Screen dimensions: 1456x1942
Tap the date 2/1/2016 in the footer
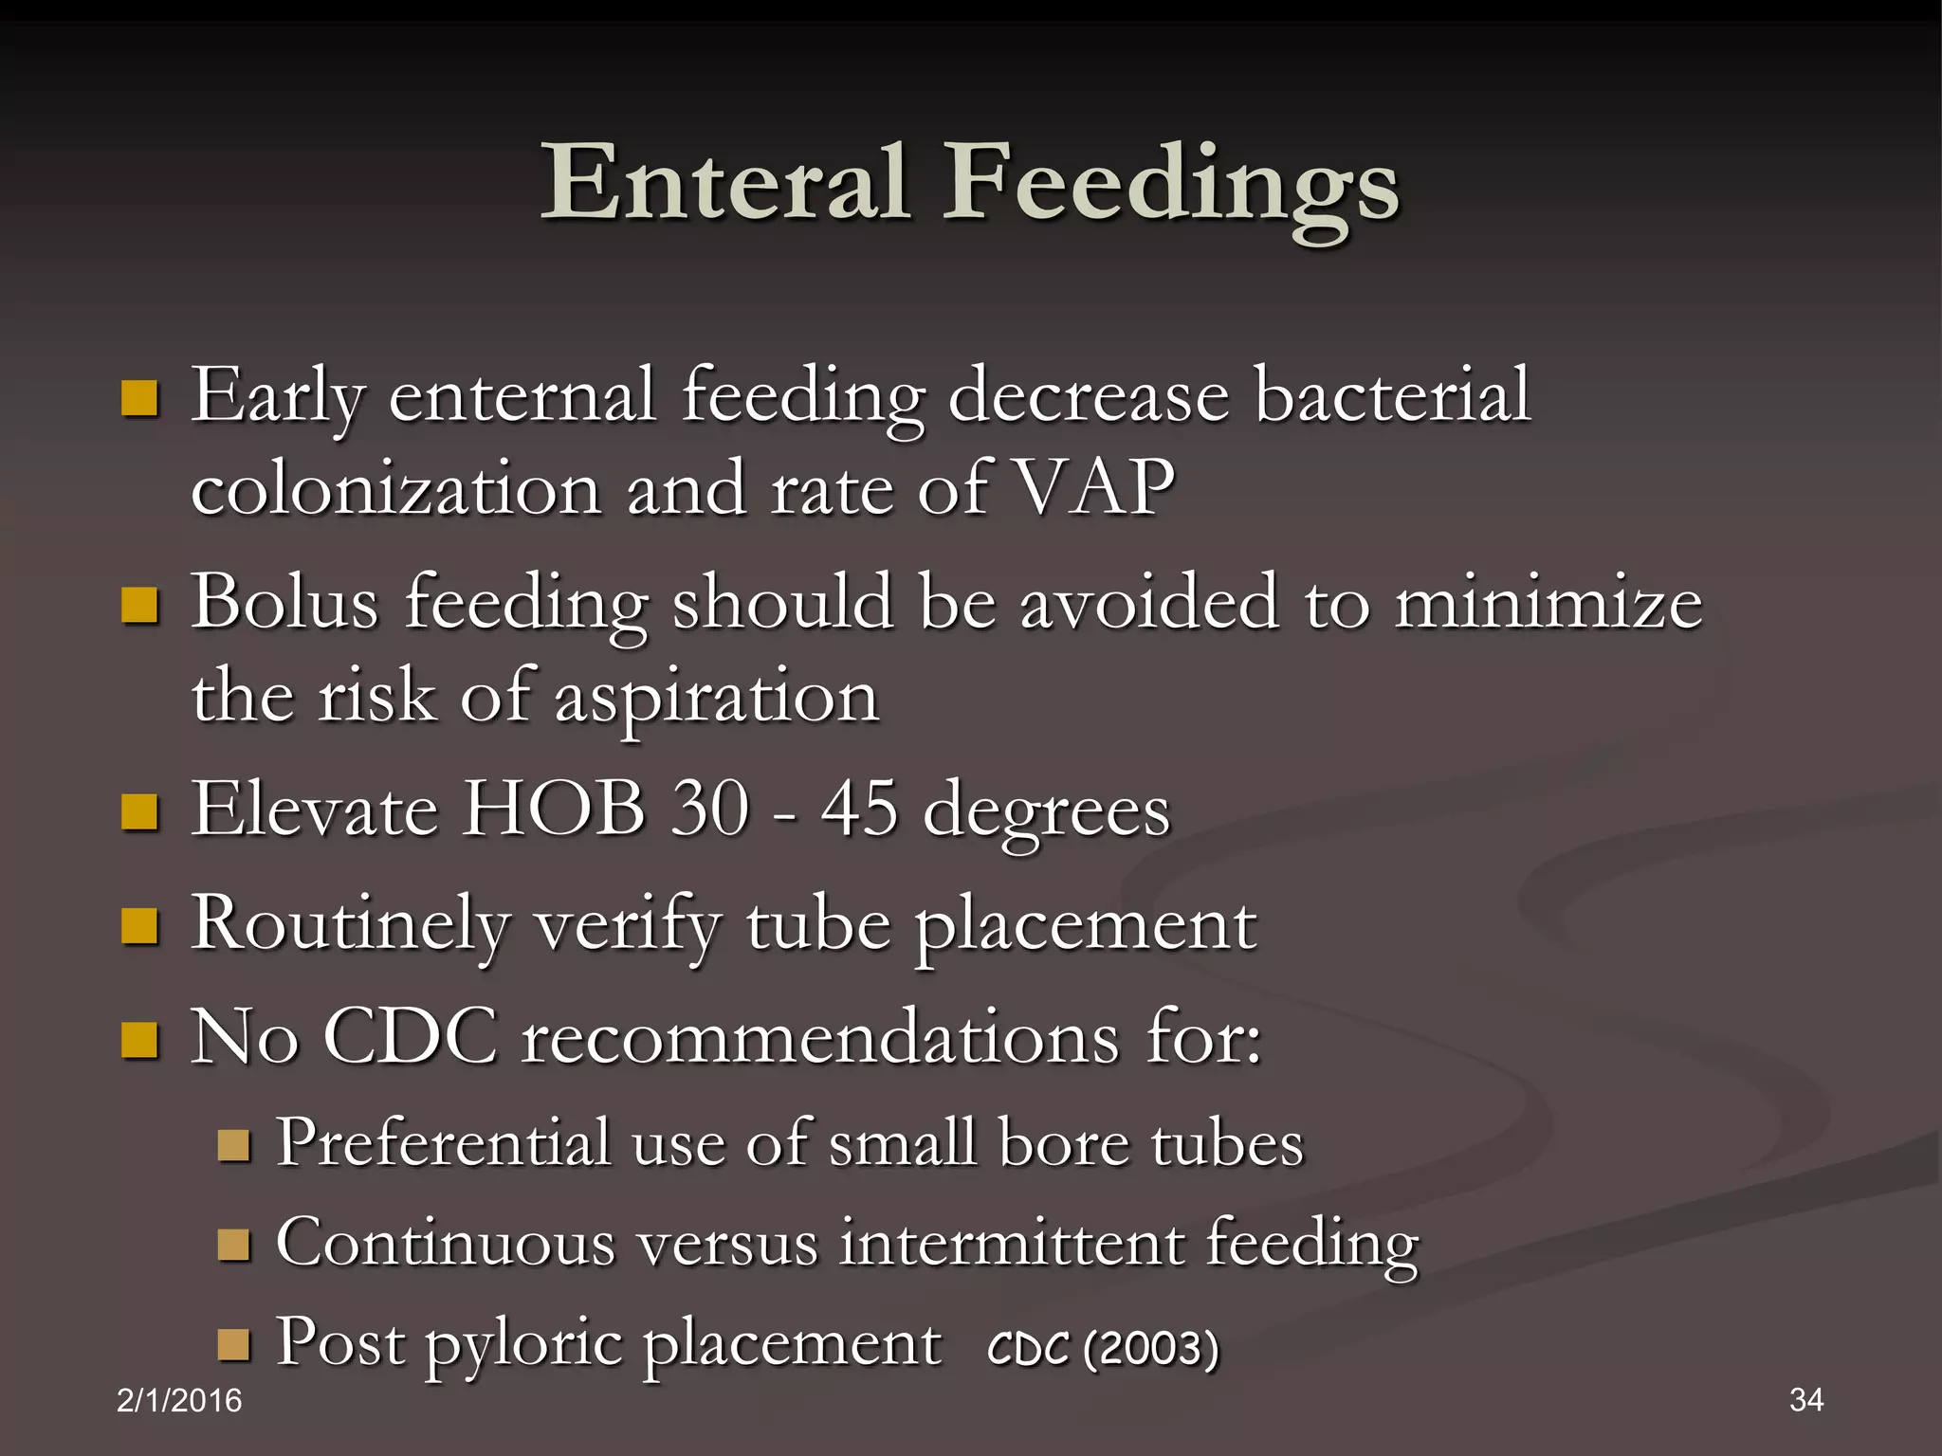tap(179, 1400)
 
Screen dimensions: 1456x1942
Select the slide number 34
tap(1806, 1399)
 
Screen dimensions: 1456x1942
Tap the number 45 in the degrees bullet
tap(859, 810)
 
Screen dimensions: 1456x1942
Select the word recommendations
tap(821, 1037)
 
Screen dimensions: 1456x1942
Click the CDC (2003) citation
tap(1103, 1347)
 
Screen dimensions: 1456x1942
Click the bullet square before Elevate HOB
tap(139, 812)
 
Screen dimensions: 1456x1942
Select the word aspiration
tap(717, 698)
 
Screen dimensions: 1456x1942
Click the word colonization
tap(396, 489)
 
